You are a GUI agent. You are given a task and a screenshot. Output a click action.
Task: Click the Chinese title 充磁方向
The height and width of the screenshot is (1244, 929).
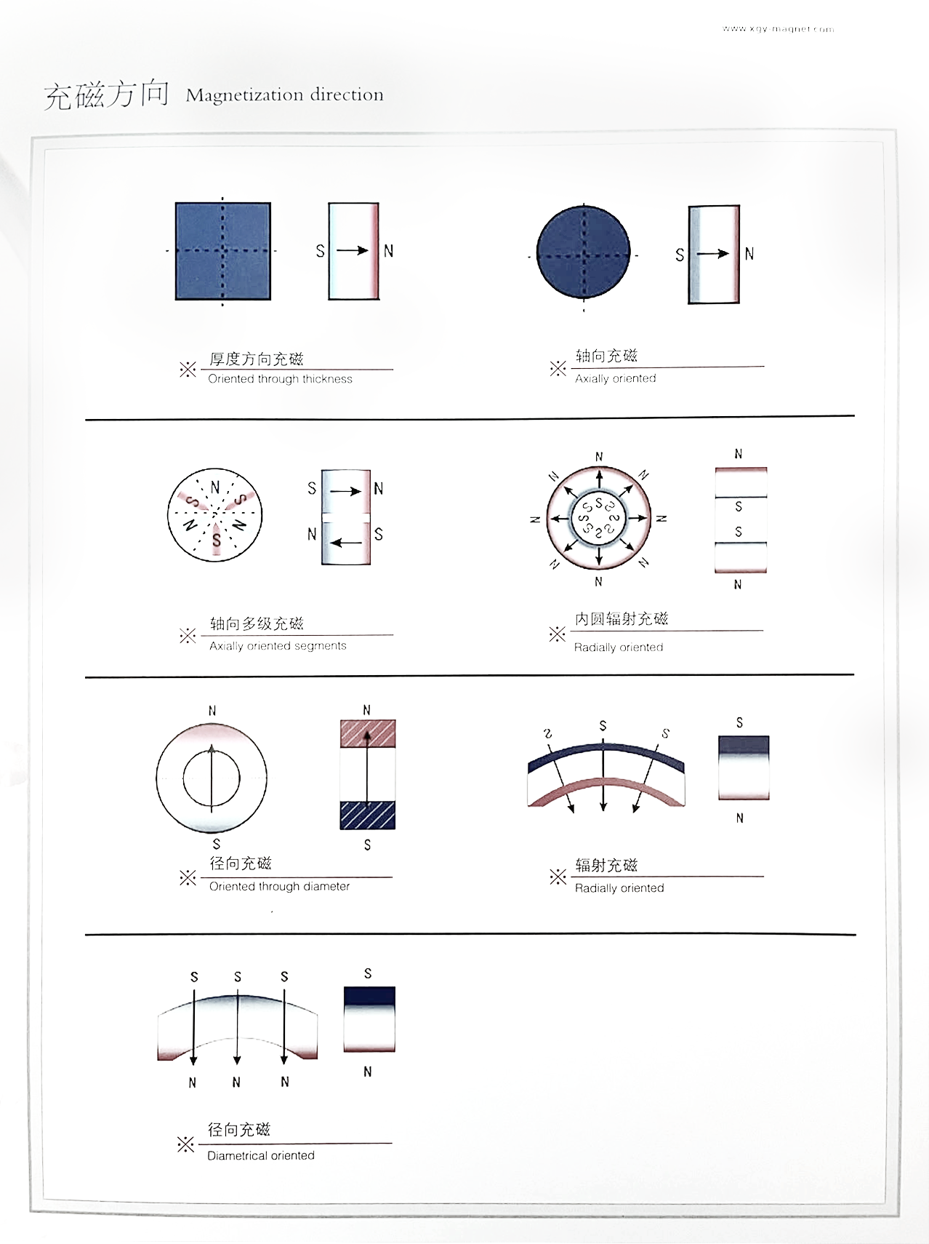pos(106,95)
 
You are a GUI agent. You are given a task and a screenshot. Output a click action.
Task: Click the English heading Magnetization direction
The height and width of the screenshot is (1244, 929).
pos(284,95)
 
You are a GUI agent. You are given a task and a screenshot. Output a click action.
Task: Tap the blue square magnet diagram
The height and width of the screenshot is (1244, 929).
pos(222,251)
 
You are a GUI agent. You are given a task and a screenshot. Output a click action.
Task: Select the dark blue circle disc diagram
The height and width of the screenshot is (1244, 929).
pos(583,252)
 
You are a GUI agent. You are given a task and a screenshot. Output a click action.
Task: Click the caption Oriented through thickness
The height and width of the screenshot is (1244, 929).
pos(280,379)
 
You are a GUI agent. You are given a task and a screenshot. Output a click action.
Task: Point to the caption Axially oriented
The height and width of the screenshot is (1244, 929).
pos(615,378)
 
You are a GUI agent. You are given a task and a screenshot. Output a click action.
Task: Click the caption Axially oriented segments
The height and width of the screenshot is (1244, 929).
pos(278,646)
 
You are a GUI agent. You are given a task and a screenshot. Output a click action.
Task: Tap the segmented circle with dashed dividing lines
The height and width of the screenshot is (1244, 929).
pos(214,514)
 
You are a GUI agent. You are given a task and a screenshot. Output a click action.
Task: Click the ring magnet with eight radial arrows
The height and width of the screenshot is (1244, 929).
pos(598,518)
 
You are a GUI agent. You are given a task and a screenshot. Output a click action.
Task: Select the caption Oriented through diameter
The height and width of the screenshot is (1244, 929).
pos(279,886)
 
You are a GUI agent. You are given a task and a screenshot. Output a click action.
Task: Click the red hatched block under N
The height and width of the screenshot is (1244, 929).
pos(367,733)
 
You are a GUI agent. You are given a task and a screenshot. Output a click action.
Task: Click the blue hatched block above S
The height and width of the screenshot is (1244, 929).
pos(367,815)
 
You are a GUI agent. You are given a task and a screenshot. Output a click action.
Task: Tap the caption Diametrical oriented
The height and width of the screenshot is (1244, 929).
pos(260,1155)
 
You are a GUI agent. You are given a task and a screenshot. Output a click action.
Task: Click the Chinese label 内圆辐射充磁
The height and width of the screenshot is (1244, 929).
pos(621,619)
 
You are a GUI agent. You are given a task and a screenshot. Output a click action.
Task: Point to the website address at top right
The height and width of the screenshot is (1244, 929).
pos(778,30)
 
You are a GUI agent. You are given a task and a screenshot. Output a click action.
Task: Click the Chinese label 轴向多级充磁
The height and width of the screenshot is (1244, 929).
pos(257,623)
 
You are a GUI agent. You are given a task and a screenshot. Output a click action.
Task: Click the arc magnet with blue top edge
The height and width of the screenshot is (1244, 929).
pos(605,775)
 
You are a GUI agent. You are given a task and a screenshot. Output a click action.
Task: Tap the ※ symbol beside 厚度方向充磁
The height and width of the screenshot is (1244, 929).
pos(188,369)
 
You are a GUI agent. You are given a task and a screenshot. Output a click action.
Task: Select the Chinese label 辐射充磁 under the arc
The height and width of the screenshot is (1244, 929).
pos(606,865)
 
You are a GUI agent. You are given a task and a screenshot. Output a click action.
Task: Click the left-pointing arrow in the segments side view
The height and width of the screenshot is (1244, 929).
pos(345,543)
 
